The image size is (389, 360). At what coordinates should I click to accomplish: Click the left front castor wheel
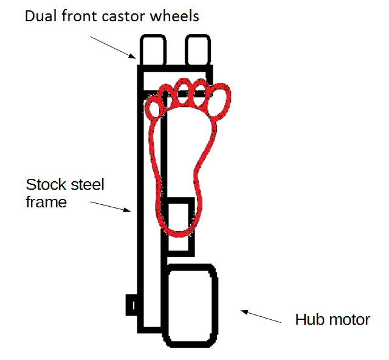tap(154, 49)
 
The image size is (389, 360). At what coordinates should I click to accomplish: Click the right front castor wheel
tap(197, 49)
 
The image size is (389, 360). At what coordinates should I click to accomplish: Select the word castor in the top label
tap(128, 16)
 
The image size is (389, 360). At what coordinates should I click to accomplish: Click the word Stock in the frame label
tap(44, 184)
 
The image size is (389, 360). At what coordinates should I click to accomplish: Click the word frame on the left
tap(46, 202)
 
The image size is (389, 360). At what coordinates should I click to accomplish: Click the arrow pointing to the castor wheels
tap(114, 47)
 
